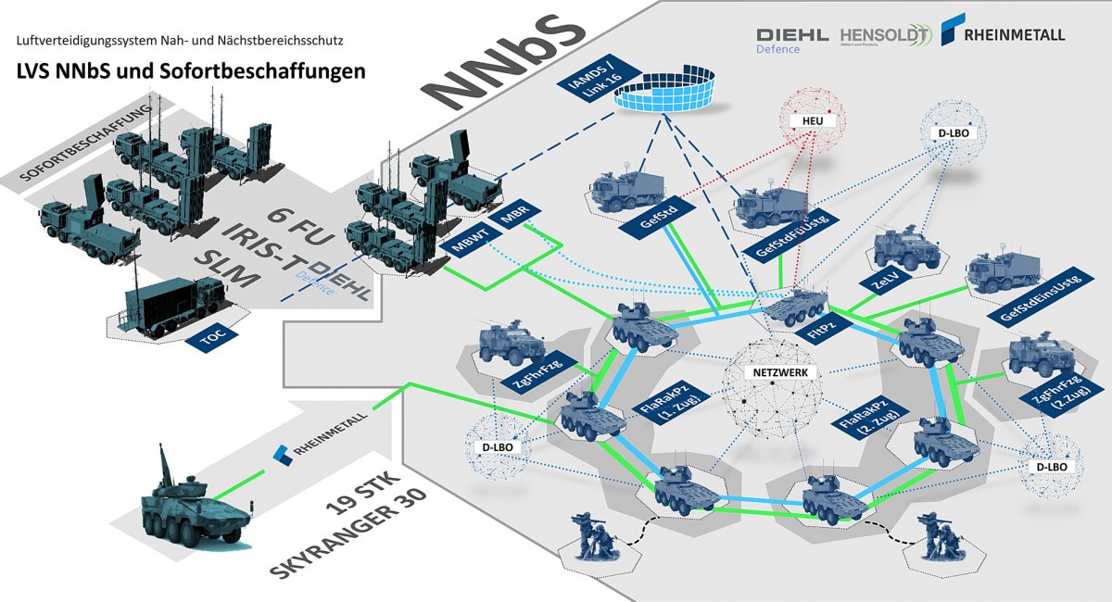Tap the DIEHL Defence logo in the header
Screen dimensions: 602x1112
click(792, 39)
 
